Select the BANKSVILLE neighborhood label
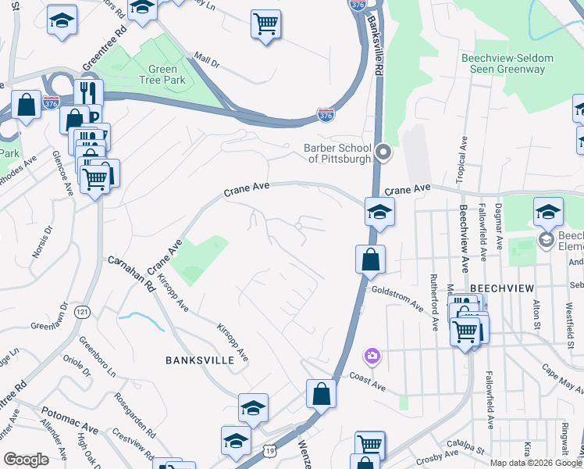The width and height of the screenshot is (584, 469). [x=199, y=360]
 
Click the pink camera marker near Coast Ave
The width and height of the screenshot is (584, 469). [x=372, y=356]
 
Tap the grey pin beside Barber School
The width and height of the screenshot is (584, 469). [x=383, y=152]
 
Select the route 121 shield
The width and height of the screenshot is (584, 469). [x=81, y=312]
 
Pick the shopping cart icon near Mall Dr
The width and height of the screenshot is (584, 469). [x=265, y=24]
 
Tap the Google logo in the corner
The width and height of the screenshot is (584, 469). [x=26, y=460]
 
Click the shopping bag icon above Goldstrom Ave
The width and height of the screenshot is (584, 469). [x=370, y=259]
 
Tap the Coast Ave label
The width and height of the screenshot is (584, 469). [x=369, y=381]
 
